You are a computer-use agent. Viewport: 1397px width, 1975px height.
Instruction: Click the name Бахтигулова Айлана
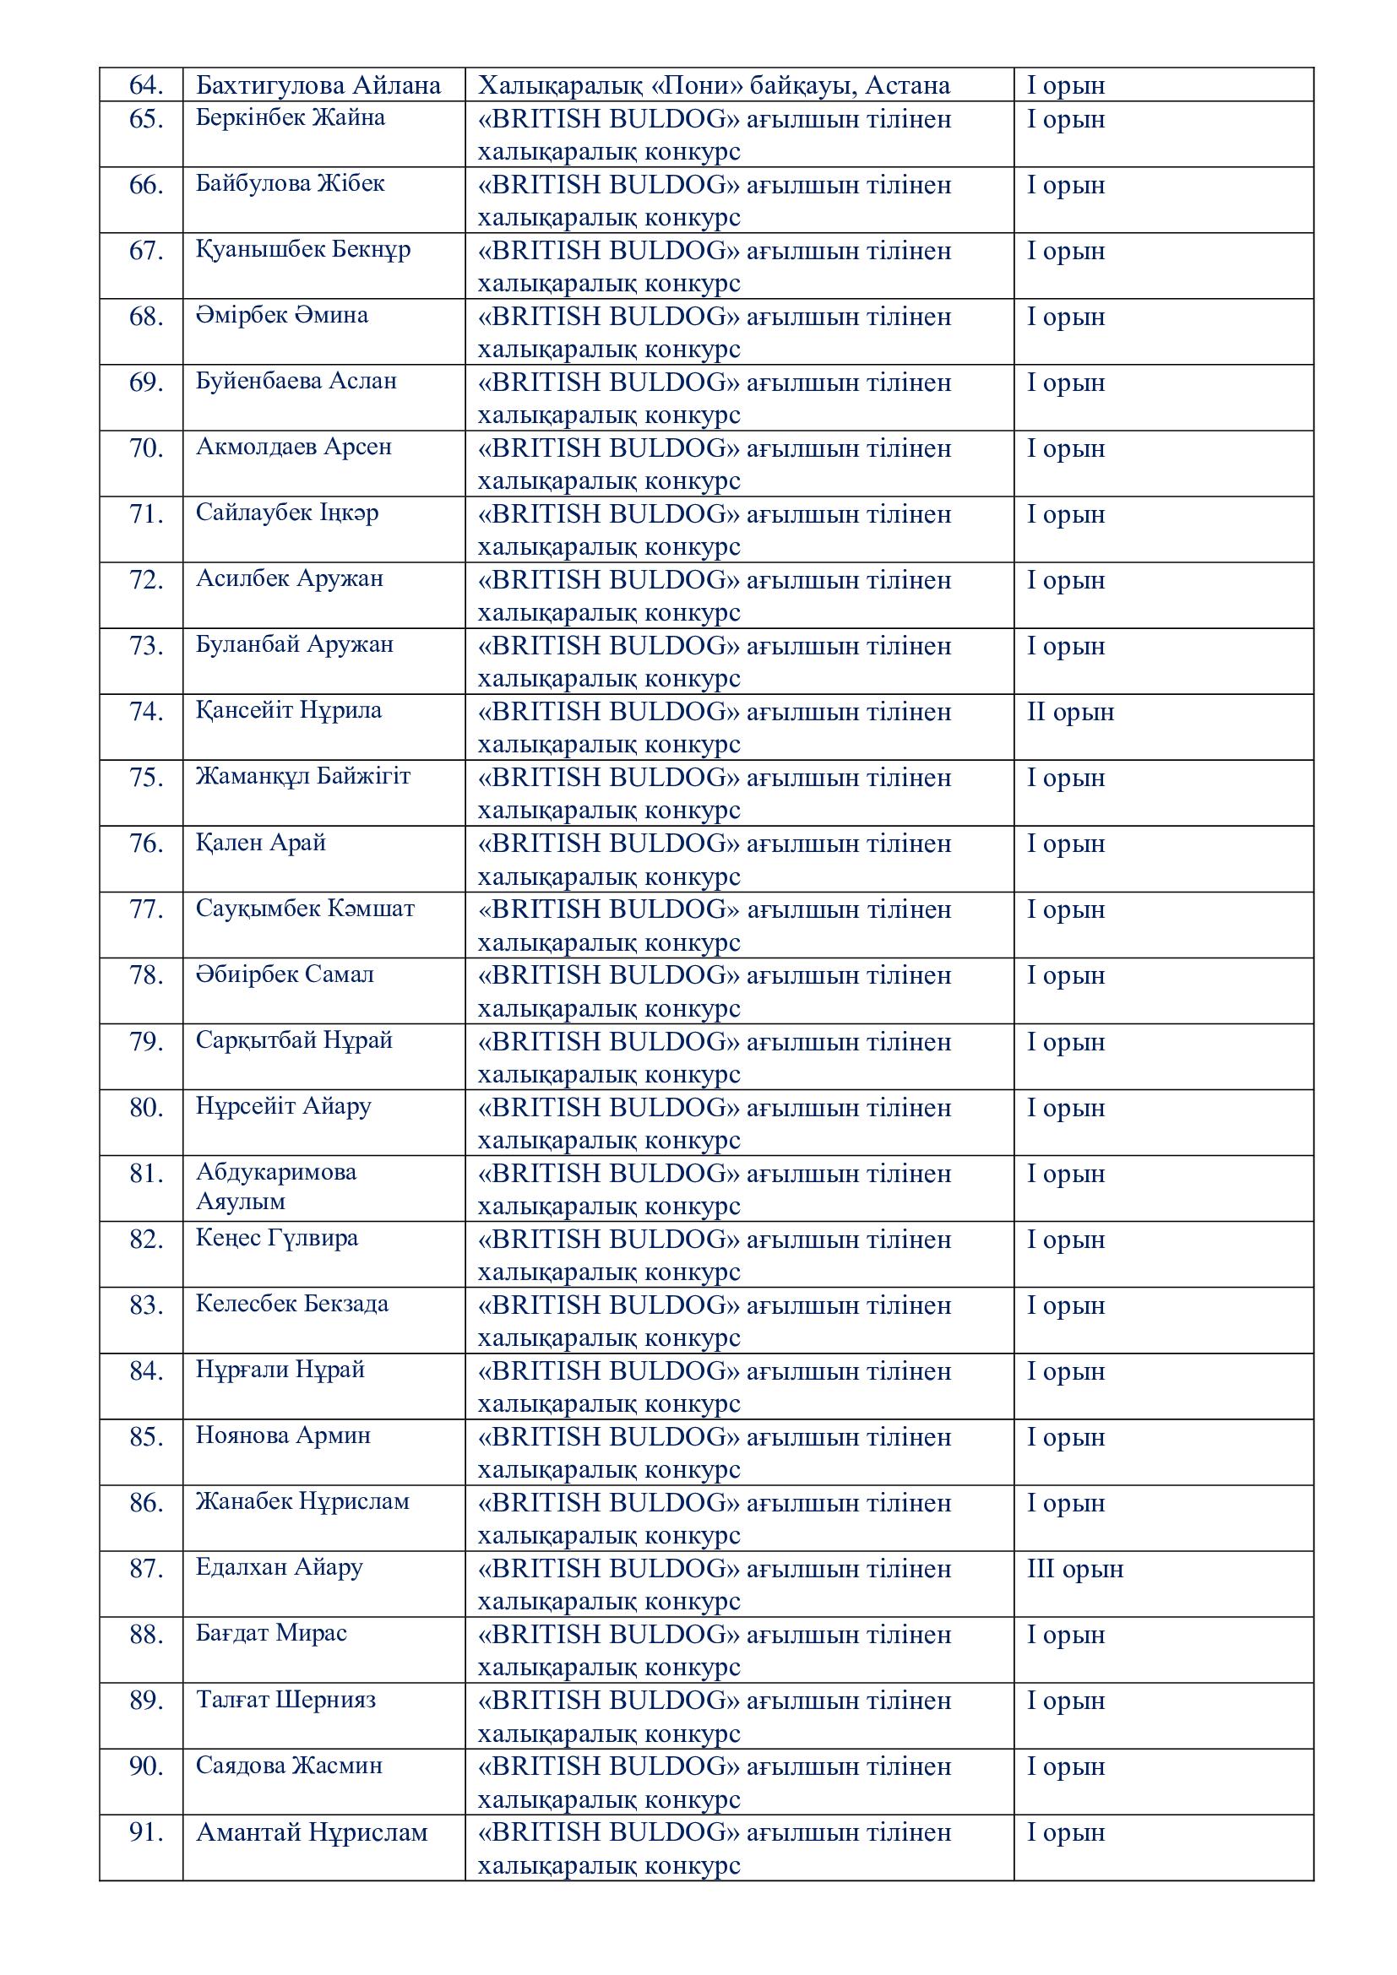click(318, 85)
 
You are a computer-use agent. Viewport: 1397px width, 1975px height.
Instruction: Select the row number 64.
click(146, 85)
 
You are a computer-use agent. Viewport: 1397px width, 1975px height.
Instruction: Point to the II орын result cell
click(1070, 713)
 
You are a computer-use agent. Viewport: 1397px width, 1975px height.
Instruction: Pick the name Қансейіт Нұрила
click(289, 710)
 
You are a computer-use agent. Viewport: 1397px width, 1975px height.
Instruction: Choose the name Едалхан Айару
click(280, 1567)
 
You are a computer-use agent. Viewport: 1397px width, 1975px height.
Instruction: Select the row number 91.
click(146, 1833)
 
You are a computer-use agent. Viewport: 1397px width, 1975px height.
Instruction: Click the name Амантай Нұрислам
click(312, 1833)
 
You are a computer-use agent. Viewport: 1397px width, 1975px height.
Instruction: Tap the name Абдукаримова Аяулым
click(276, 1187)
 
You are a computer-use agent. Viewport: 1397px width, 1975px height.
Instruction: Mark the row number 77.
click(146, 909)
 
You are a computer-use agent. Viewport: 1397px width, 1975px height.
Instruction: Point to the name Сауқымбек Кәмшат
click(306, 909)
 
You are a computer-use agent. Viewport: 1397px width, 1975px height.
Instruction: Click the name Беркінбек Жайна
click(291, 118)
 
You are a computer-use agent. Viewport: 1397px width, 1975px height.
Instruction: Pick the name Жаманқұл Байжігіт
click(304, 777)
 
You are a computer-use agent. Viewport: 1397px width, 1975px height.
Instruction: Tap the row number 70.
click(146, 448)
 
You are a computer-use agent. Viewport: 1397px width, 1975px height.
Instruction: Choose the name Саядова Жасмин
click(289, 1766)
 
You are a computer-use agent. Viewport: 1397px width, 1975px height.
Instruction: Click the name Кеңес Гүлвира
click(277, 1239)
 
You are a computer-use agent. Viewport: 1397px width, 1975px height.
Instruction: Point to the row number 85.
click(146, 1436)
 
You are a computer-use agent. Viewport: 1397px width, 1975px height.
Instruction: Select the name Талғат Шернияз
click(285, 1700)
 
